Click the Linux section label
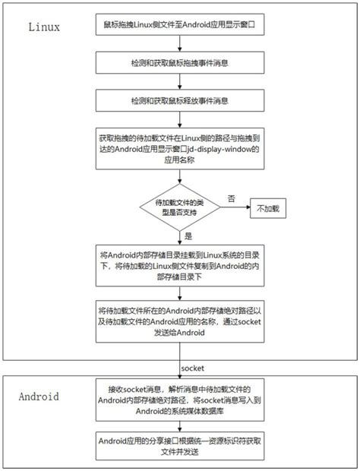44,26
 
